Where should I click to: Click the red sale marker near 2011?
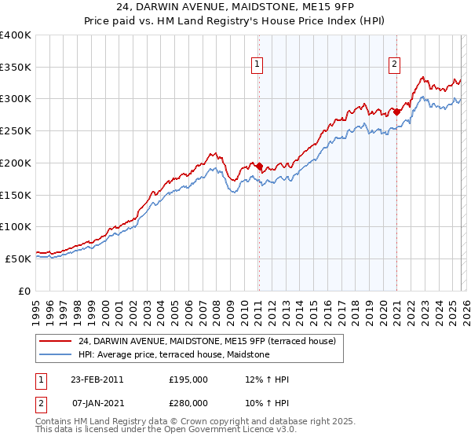[259, 166]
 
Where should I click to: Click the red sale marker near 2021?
[397, 112]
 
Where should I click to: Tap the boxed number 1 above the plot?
[257, 65]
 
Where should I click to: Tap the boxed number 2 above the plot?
[394, 65]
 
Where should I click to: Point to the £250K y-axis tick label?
[16, 130]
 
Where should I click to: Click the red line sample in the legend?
[56, 341]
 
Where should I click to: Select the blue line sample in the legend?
[56, 354]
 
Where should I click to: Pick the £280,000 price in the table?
[188, 403]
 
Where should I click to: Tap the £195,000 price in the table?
[188, 379]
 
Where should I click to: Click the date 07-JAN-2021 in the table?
[97, 403]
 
